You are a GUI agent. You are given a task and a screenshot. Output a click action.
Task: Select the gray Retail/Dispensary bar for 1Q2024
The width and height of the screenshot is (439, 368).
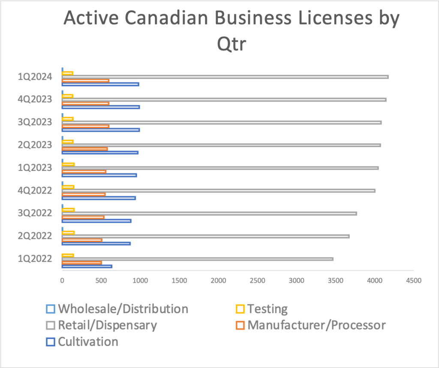pyautogui.click(x=225, y=77)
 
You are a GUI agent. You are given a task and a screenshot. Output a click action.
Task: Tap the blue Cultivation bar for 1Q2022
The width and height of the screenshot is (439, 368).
pyautogui.click(x=87, y=266)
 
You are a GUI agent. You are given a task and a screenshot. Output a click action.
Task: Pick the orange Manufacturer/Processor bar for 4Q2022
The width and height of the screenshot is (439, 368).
pyautogui.click(x=84, y=194)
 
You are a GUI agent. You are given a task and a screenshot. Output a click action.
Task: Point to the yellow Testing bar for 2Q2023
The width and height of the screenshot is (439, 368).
pyautogui.click(x=68, y=141)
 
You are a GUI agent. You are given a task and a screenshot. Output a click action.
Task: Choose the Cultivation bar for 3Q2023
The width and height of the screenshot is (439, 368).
pyautogui.click(x=101, y=130)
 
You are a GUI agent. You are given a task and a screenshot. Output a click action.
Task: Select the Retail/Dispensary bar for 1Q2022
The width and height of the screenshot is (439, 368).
pyautogui.click(x=198, y=259)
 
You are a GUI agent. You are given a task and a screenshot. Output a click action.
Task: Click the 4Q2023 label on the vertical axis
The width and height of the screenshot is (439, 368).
pyautogui.click(x=35, y=99)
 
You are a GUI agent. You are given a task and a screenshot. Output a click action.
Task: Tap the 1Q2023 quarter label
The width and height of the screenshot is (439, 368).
pyautogui.click(x=35, y=168)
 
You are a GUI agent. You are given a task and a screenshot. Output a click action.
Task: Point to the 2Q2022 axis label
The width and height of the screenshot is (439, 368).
pyautogui.click(x=35, y=236)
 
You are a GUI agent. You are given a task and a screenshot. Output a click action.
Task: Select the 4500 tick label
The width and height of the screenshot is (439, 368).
pyautogui.click(x=413, y=281)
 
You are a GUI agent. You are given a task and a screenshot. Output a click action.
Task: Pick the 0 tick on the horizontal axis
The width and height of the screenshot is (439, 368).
pyautogui.click(x=62, y=281)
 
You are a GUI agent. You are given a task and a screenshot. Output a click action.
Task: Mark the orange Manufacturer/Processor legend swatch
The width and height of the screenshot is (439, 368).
pyautogui.click(x=241, y=326)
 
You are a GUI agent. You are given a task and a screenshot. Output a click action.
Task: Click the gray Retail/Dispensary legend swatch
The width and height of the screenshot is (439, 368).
pyautogui.click(x=51, y=326)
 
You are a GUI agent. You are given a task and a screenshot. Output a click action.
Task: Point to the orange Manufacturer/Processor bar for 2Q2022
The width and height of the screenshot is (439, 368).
pyautogui.click(x=82, y=240)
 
